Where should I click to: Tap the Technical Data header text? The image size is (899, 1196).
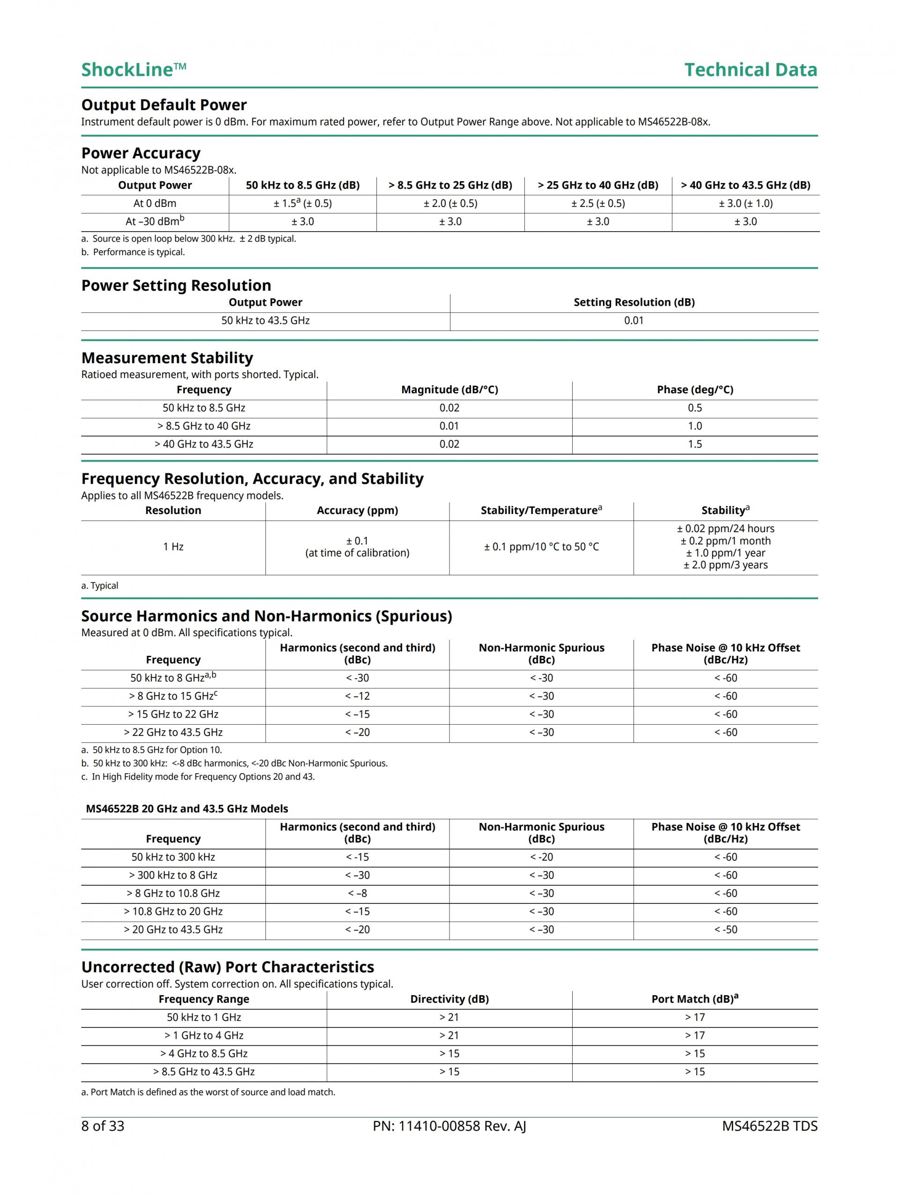point(750,70)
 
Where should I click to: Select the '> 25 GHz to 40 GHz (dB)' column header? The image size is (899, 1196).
point(598,185)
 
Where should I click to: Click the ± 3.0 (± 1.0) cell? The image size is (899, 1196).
point(745,204)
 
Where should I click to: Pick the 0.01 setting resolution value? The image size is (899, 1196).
point(634,321)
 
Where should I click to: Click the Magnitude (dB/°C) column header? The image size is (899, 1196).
point(449,390)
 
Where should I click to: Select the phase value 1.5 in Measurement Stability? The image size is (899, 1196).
point(695,444)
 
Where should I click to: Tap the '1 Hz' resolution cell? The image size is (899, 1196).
point(173,547)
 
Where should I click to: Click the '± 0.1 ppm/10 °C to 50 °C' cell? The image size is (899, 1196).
point(541,547)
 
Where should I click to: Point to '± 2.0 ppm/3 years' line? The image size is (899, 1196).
point(725,565)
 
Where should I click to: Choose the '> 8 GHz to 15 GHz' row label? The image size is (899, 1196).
point(173,697)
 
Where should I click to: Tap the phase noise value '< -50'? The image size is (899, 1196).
point(725,930)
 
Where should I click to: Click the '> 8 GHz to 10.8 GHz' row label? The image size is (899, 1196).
point(173,893)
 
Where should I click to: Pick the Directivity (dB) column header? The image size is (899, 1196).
point(449,999)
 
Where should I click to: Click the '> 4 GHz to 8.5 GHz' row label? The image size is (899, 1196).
point(204,1053)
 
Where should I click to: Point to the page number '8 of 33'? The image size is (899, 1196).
point(103,1126)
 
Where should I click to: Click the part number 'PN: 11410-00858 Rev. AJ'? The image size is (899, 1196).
point(449,1126)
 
